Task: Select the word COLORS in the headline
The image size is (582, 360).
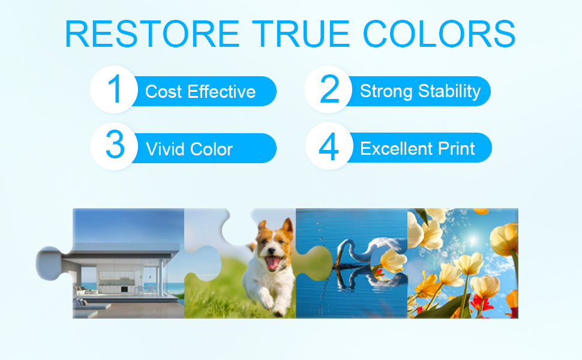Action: tap(439, 34)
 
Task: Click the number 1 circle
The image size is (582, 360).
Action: tap(114, 89)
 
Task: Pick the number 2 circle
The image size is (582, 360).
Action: tap(328, 89)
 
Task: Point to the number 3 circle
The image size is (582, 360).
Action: tap(114, 146)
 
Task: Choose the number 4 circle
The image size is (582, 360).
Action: tap(329, 146)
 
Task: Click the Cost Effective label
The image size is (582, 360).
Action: tap(200, 92)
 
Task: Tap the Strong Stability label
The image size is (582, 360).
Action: tap(420, 91)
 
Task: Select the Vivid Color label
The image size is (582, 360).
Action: tap(189, 149)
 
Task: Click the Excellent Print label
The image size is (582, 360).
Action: tap(418, 148)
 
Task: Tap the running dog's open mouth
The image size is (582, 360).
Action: tap(273, 262)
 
